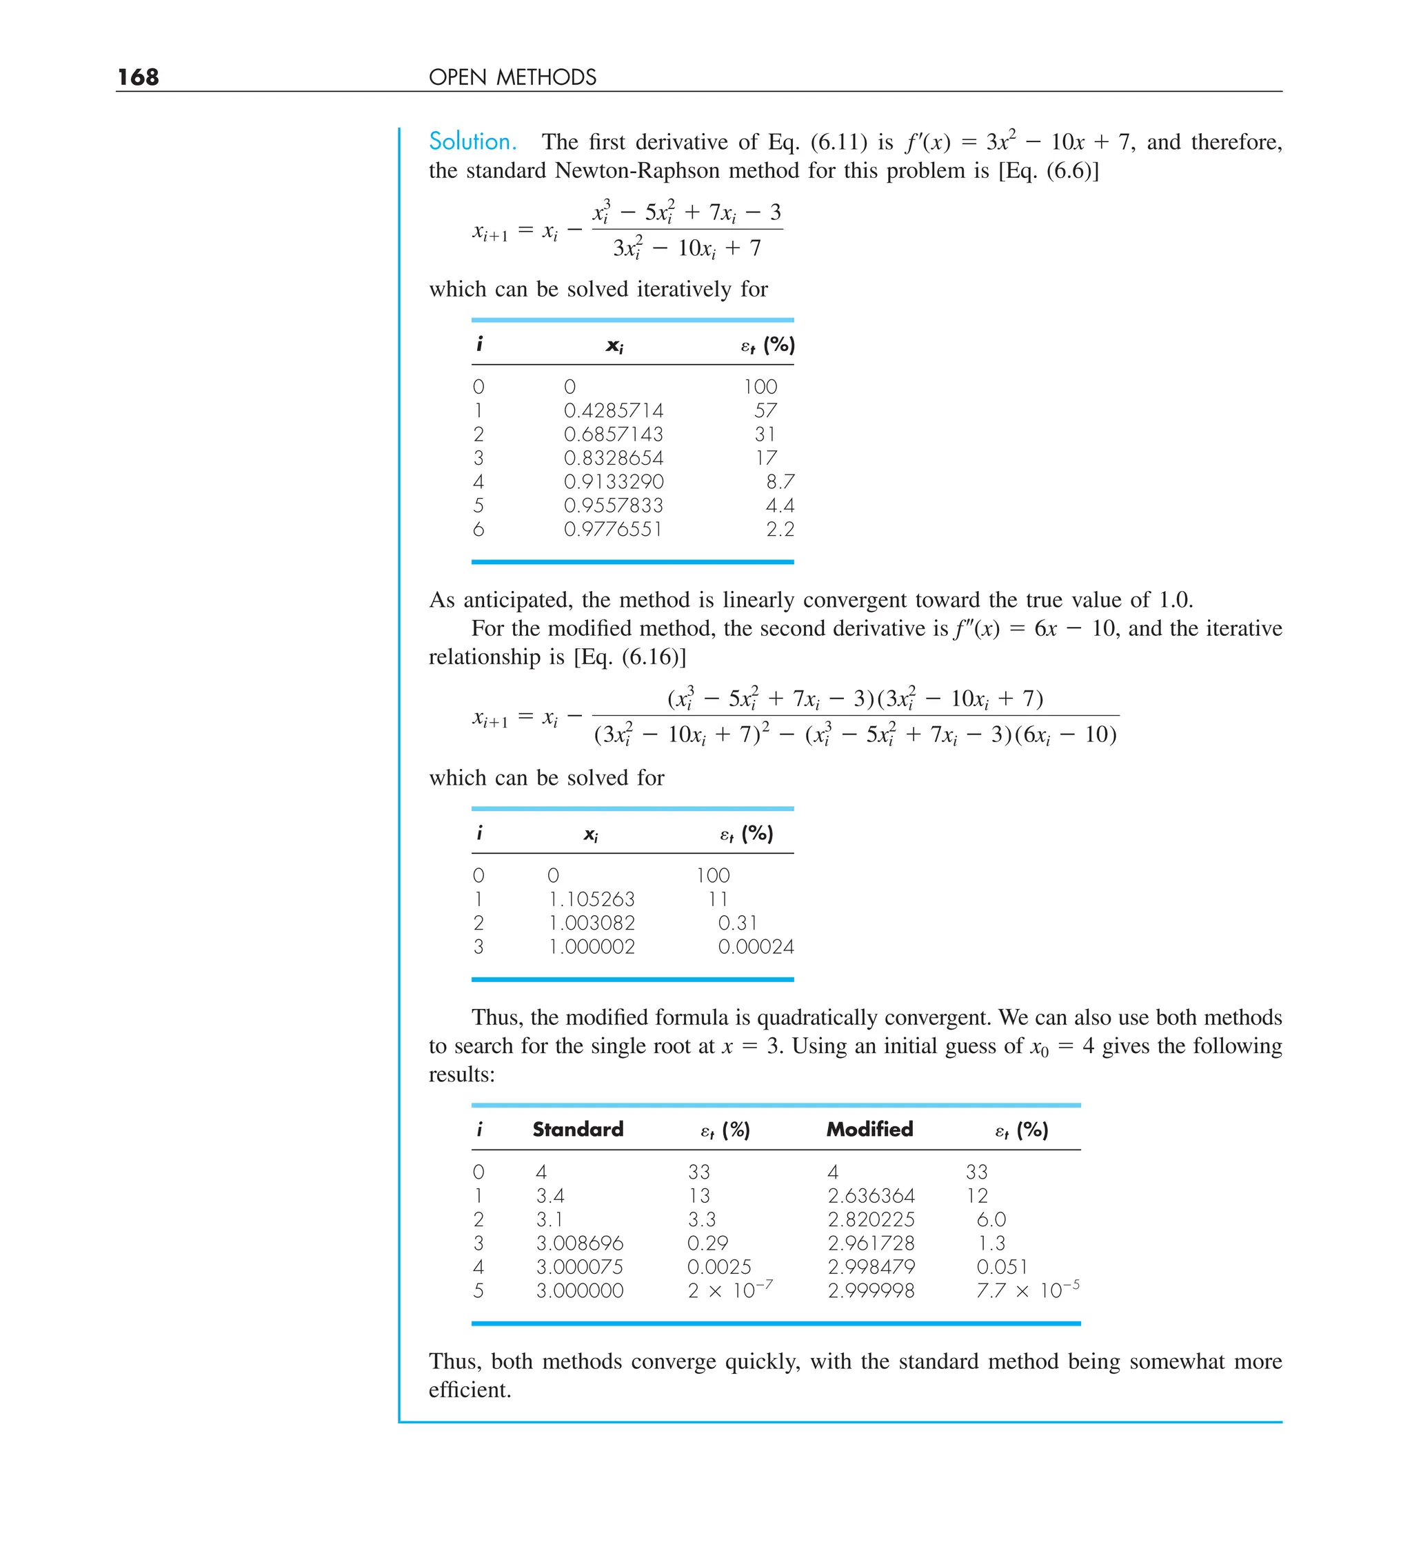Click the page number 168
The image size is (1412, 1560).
click(138, 77)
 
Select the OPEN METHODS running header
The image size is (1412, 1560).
click(512, 77)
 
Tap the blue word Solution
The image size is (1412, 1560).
click(472, 141)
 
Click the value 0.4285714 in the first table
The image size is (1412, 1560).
click(614, 410)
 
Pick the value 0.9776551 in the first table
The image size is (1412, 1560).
click(613, 529)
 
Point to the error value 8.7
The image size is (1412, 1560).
click(780, 481)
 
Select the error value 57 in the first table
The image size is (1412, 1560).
click(765, 410)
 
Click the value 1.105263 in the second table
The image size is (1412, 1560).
click(592, 899)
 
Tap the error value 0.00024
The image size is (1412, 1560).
click(756, 946)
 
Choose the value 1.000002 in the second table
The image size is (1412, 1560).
click(592, 946)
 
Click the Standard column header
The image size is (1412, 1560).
click(578, 1129)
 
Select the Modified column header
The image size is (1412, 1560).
click(869, 1129)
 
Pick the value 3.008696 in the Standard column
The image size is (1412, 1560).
click(580, 1243)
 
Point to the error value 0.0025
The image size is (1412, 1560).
click(719, 1267)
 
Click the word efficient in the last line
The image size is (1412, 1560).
click(469, 1390)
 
